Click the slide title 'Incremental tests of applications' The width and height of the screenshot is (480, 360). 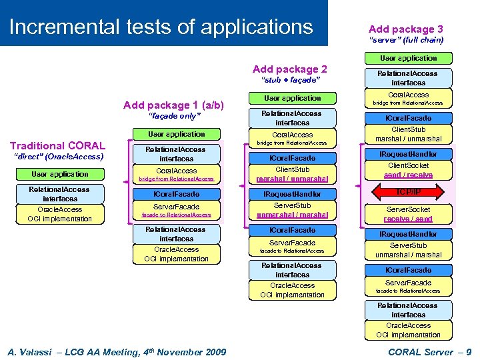161,27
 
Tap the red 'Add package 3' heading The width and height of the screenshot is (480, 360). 405,29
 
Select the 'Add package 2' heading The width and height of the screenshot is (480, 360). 290,69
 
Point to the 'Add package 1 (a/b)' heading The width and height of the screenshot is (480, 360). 173,105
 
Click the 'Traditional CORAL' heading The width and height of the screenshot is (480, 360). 57,145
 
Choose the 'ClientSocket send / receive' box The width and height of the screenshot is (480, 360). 408,170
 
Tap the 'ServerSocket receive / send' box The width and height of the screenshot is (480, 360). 408,214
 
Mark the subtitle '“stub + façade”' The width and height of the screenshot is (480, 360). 291,80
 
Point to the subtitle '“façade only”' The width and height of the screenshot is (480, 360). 173,116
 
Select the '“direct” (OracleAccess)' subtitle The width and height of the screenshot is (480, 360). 59,157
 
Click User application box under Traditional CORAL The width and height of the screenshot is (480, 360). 59,174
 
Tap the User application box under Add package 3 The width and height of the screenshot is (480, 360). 408,58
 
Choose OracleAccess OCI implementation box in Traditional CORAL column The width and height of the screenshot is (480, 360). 59,214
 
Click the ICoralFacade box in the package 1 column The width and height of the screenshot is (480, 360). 176,194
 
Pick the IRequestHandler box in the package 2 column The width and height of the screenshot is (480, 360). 292,194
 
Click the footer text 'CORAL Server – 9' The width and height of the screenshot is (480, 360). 429,351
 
